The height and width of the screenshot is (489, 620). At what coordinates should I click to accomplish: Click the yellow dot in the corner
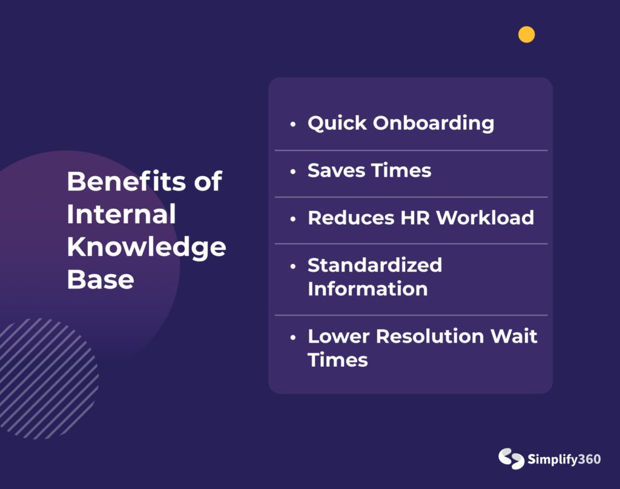pyautogui.click(x=526, y=34)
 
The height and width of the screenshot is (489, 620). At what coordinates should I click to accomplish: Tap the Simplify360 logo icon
pyautogui.click(x=511, y=459)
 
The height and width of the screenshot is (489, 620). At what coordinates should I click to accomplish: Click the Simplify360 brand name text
pyautogui.click(x=564, y=459)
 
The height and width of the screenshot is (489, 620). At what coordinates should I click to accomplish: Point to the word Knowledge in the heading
pyautogui.click(x=147, y=248)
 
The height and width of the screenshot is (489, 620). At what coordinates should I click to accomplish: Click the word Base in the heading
pyautogui.click(x=101, y=280)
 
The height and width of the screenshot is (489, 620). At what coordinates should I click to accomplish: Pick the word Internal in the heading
pyautogui.click(x=121, y=214)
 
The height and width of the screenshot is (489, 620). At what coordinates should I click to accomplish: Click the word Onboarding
pyautogui.click(x=434, y=123)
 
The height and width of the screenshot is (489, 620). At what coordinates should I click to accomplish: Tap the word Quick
pyautogui.click(x=337, y=123)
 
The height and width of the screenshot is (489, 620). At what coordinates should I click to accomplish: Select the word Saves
pyautogui.click(x=336, y=171)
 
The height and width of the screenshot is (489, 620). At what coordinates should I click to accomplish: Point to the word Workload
pyautogui.click(x=485, y=217)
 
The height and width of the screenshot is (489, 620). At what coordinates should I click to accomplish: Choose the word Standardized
pyautogui.click(x=374, y=265)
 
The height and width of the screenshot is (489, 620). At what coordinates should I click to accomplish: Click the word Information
pyautogui.click(x=368, y=289)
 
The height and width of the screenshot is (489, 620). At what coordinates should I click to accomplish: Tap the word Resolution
pyautogui.click(x=430, y=336)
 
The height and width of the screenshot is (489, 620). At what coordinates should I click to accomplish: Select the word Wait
pyautogui.click(x=513, y=336)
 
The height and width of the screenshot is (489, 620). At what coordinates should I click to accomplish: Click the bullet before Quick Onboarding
pyautogui.click(x=292, y=124)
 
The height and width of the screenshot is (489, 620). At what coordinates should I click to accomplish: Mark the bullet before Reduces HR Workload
pyautogui.click(x=292, y=219)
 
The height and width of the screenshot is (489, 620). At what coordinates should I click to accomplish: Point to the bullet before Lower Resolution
pyautogui.click(x=292, y=338)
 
